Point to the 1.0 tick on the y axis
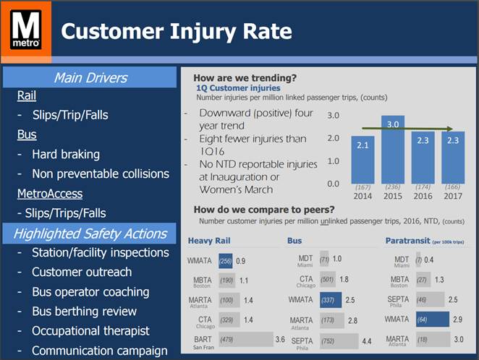tap(333, 160)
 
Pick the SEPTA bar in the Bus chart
tap(336, 338)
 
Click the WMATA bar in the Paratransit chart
tap(438, 319)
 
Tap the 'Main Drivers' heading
tap(90, 77)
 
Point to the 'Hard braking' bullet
tap(66, 154)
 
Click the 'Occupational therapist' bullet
tap(90, 331)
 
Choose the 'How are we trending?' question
tap(245, 78)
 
